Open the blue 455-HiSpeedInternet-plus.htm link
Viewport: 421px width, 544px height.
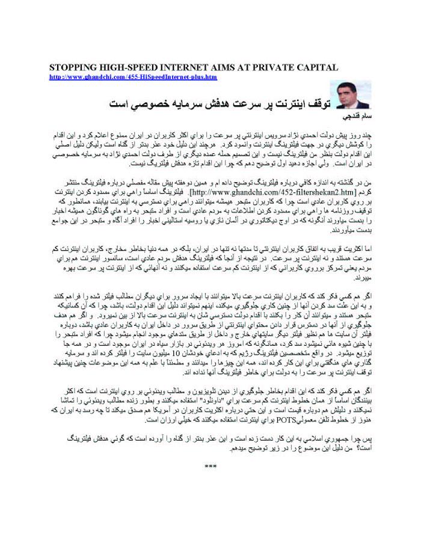coord(133,77)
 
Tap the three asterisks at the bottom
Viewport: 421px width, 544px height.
coord(210,466)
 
